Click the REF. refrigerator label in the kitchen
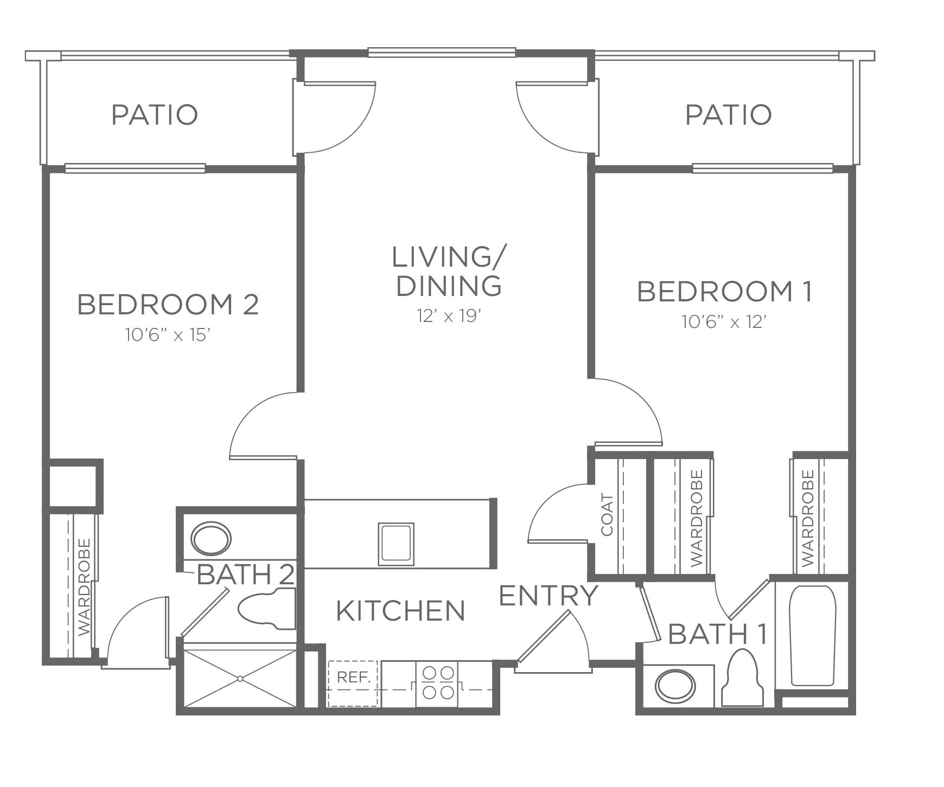click(353, 677)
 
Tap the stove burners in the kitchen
click(438, 683)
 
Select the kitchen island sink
click(396, 544)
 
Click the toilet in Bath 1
click(742, 678)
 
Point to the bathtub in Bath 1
click(812, 635)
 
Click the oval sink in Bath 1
click(675, 687)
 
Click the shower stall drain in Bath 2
click(239, 678)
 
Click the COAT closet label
click(607, 514)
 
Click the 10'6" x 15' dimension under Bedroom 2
click(168, 335)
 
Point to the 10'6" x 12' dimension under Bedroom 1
click(724, 322)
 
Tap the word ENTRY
click(548, 596)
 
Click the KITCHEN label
click(401, 610)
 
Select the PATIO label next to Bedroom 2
click(155, 115)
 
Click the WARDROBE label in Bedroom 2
click(84, 587)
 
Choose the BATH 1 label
click(718, 634)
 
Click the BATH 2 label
click(246, 575)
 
